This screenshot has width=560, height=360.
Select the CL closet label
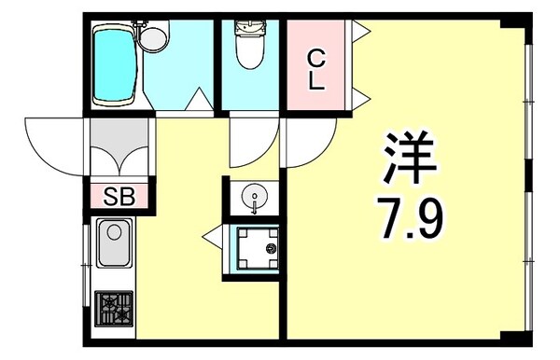tap(316, 70)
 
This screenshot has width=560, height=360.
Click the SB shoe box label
tap(119, 197)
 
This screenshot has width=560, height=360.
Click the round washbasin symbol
tap(253, 197)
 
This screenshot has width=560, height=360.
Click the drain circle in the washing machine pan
tap(272, 250)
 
